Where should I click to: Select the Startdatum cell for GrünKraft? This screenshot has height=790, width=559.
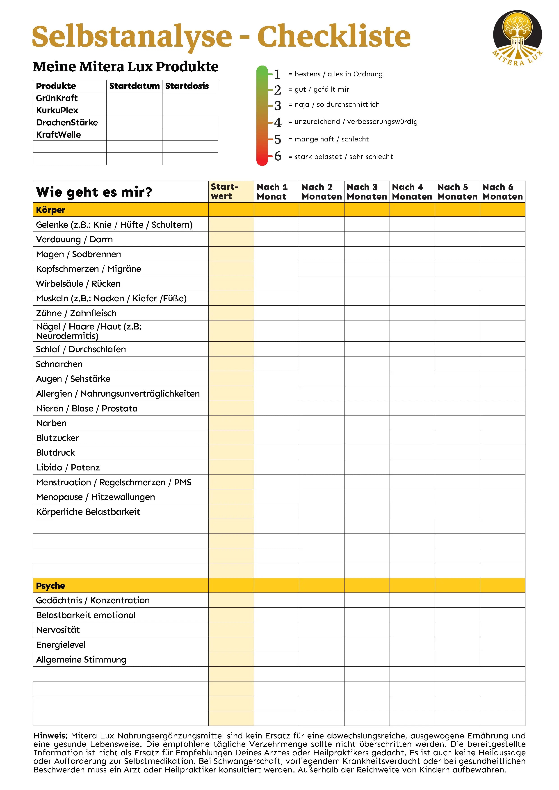coord(134,98)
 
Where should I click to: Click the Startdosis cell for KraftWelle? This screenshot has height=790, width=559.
coord(190,134)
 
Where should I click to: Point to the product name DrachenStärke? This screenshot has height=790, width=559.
coord(67,123)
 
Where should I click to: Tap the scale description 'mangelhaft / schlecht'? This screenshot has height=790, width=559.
coord(331,139)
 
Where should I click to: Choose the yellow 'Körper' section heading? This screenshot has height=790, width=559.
coord(51,210)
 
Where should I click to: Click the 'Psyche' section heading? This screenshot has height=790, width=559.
coord(51,586)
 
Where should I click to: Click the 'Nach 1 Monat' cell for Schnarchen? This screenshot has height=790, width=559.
coord(276,364)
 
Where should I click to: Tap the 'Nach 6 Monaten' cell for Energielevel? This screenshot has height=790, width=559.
coord(502,645)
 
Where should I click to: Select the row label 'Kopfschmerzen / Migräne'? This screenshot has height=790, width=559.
coord(89,269)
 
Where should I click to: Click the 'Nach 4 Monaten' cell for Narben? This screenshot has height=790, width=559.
coord(412,423)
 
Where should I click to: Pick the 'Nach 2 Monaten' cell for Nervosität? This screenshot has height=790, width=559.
coord(322,630)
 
